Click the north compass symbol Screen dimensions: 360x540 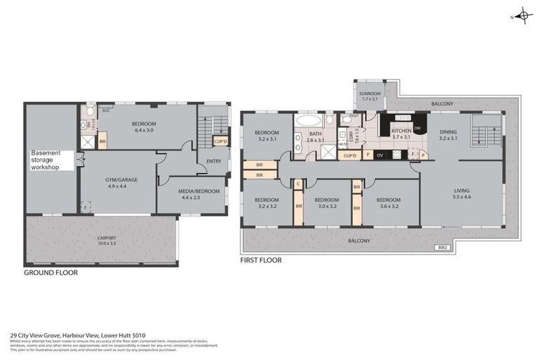523,15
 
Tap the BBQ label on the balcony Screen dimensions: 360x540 442,247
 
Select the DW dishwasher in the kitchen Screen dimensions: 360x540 417,128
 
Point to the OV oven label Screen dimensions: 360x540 380,155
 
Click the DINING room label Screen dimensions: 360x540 448,134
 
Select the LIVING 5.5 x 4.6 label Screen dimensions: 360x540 461,194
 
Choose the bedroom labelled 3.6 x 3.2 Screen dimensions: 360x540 385,202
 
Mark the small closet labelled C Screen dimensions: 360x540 298,185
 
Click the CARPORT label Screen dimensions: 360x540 107,240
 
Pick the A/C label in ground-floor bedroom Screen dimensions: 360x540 105,110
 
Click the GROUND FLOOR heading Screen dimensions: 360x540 51,272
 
